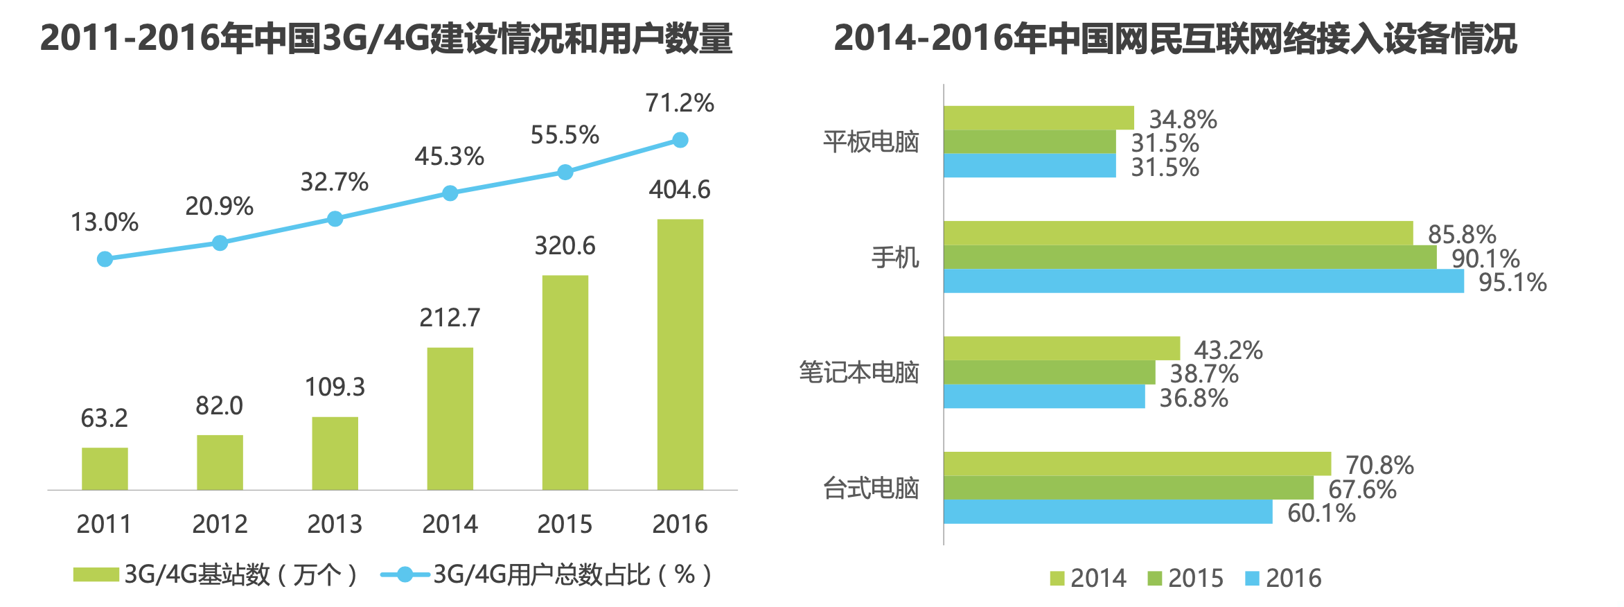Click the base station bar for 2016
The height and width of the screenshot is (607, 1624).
click(x=680, y=354)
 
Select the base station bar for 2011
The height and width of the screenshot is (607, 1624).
click(x=105, y=468)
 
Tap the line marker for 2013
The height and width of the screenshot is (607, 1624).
click(x=335, y=219)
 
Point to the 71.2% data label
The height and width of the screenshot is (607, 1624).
click(x=679, y=103)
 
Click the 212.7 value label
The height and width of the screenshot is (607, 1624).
click(x=450, y=318)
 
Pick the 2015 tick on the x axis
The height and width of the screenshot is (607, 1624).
click(x=565, y=524)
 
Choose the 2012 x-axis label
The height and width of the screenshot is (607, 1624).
click(x=220, y=524)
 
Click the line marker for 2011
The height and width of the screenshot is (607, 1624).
click(x=105, y=259)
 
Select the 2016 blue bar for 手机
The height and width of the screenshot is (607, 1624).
click(x=1203, y=281)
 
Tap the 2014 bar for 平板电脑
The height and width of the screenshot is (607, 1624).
click(x=1039, y=118)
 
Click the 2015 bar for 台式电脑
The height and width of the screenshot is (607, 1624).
click(x=1128, y=488)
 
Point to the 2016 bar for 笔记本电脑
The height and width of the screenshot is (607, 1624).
click(x=1044, y=396)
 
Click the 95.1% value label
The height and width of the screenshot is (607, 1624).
click(x=1512, y=283)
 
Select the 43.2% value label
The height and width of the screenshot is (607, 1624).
click(x=1228, y=350)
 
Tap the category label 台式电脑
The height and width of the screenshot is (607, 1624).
click(x=871, y=489)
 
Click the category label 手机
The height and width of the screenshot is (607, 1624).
click(x=895, y=258)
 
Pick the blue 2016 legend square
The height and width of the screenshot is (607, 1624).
click(x=1251, y=578)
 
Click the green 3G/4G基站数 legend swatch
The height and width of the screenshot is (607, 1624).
click(x=96, y=574)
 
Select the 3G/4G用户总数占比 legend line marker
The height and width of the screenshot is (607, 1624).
click(x=405, y=574)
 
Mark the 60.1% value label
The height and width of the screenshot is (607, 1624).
click(x=1321, y=513)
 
